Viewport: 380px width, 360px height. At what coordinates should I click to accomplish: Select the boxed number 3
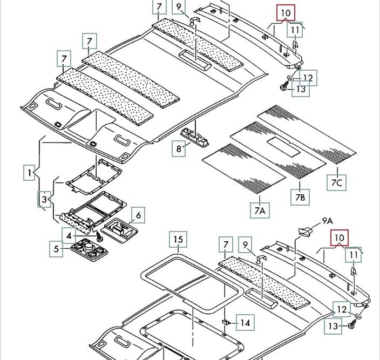[44, 200]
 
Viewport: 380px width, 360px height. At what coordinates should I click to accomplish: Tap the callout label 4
[69, 236]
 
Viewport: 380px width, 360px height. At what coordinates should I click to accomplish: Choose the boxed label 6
[138, 216]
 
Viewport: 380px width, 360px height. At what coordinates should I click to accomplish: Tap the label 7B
[300, 198]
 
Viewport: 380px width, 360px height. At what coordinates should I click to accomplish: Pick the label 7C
[337, 182]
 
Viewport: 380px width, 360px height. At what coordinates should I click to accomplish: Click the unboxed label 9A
[328, 220]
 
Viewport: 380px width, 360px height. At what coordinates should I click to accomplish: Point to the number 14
[245, 323]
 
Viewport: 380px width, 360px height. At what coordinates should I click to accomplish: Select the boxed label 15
[178, 239]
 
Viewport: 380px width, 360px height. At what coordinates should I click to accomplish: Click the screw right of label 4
[100, 237]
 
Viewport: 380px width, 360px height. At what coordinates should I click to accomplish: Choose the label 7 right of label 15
[225, 246]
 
